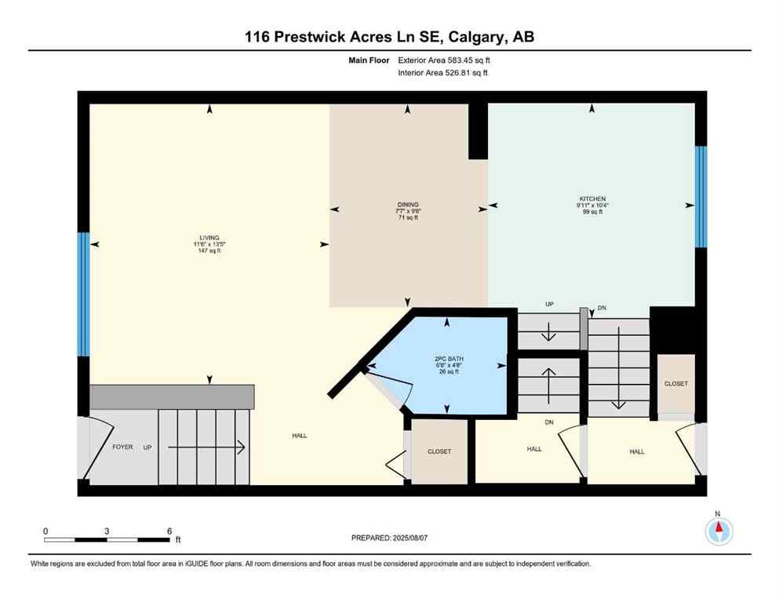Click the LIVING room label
click(x=209, y=237)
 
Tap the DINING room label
click(x=407, y=204)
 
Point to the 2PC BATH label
click(x=446, y=359)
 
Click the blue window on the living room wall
click(x=83, y=294)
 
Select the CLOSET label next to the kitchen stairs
click(x=675, y=384)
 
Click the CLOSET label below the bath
click(x=439, y=451)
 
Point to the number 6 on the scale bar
click(x=169, y=531)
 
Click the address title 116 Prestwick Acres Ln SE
click(x=389, y=37)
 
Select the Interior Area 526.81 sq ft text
click(x=444, y=73)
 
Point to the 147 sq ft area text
click(x=209, y=250)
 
